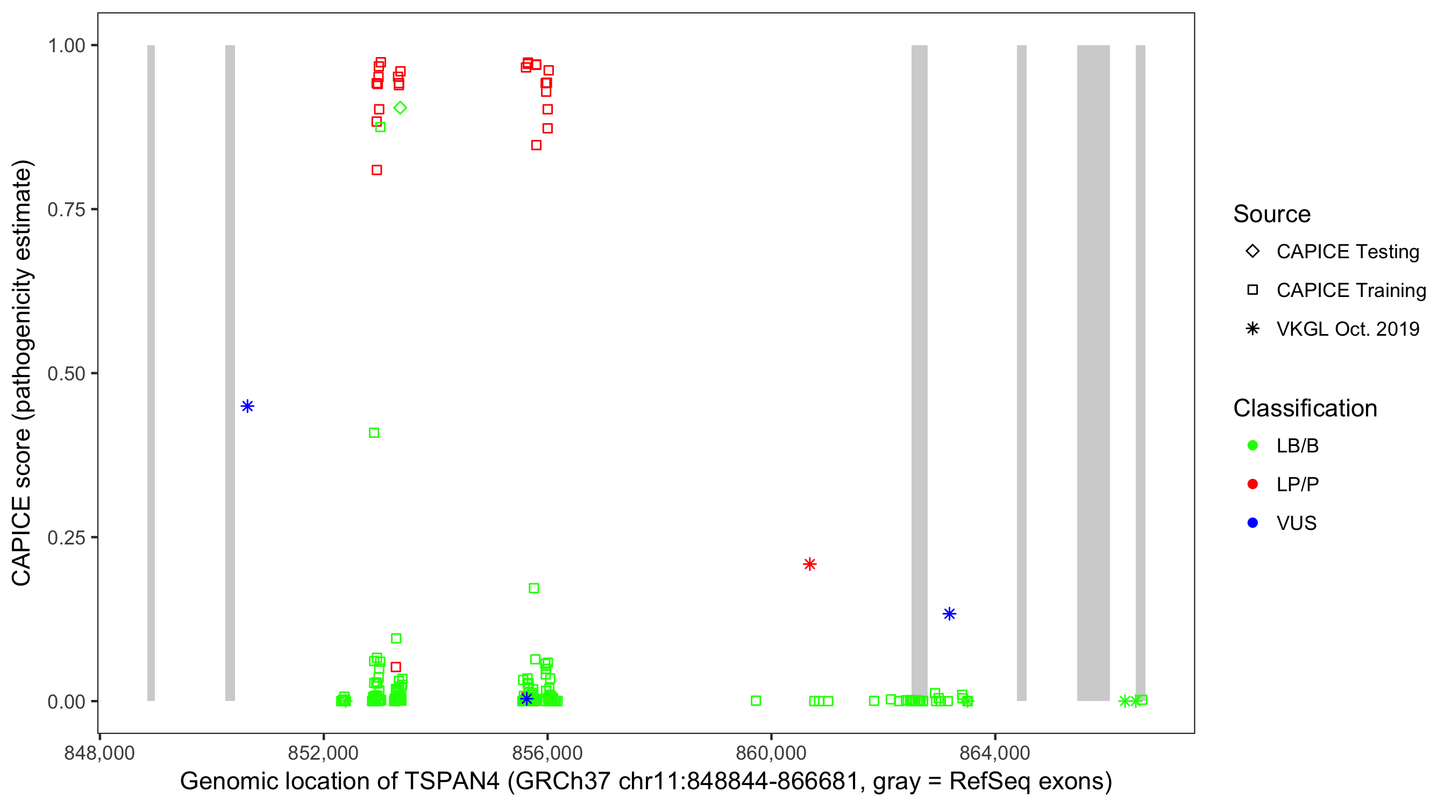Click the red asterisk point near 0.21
click(809, 564)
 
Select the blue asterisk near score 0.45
click(247, 406)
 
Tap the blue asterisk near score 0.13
click(949, 613)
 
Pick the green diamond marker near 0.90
click(400, 108)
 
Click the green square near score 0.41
click(374, 433)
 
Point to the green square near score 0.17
click(534, 588)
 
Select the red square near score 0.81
click(376, 170)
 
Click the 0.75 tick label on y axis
click(66, 210)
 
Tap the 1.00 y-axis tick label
click(66, 46)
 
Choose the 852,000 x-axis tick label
click(323, 753)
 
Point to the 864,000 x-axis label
click(994, 753)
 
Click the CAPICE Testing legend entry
click(1347, 252)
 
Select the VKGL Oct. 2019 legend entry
click(1347, 329)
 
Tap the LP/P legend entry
click(1297, 484)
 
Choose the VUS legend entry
click(1296, 523)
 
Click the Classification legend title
click(1305, 408)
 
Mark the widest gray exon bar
click(1093, 372)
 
